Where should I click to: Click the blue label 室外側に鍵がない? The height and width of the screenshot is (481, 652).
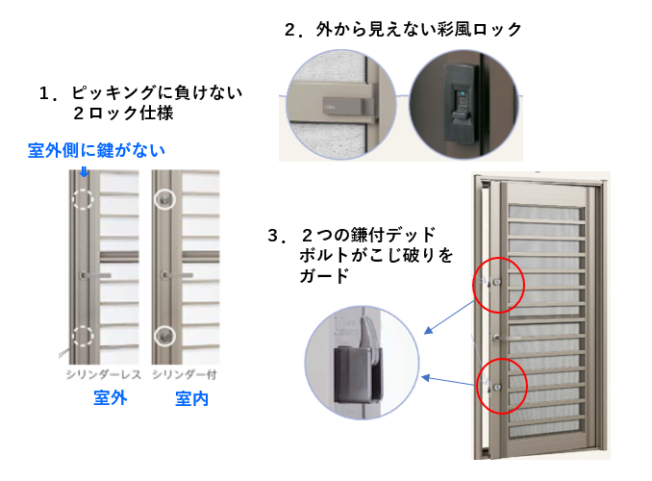click(96, 150)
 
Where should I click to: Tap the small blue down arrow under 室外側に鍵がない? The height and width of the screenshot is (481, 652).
click(85, 172)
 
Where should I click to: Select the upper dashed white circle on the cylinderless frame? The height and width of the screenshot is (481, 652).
click(83, 199)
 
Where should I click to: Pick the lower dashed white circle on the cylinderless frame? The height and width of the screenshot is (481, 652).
click(83, 336)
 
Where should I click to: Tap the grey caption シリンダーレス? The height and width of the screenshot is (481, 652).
click(104, 375)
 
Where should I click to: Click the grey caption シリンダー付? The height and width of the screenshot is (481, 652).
click(185, 375)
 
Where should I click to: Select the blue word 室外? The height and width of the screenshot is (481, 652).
click(111, 398)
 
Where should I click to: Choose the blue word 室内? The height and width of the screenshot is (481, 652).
click(191, 398)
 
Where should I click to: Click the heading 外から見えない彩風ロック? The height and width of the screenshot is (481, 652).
click(418, 30)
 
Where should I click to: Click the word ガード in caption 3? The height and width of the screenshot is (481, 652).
click(324, 276)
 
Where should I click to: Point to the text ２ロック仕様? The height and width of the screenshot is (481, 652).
click(123, 114)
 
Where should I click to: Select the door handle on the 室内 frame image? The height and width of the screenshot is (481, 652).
click(178, 275)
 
